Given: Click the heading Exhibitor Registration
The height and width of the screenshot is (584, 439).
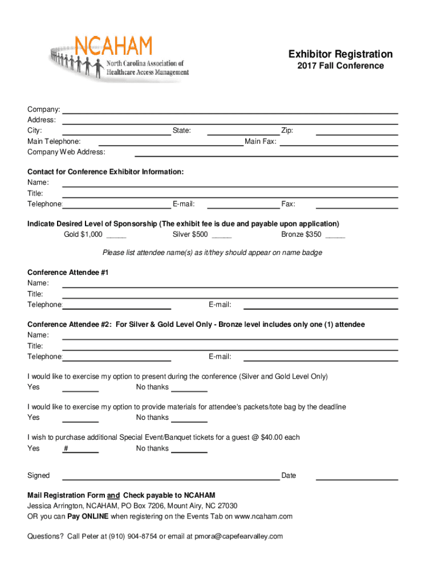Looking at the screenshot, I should (x=340, y=54).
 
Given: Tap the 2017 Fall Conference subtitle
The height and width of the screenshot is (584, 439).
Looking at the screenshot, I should (x=340, y=66).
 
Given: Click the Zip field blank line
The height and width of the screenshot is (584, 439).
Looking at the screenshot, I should (x=356, y=134).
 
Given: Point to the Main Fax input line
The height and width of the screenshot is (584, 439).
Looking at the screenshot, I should (x=338, y=145).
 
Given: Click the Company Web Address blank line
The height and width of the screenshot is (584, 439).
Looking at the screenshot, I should (x=266, y=155).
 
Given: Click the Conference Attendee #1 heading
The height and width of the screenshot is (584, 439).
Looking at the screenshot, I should (x=68, y=273).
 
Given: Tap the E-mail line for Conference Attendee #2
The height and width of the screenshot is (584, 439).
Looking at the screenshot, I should (x=320, y=360).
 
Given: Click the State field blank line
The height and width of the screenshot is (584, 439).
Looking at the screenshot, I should (x=243, y=134).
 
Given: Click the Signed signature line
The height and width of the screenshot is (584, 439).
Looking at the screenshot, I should (x=170, y=479).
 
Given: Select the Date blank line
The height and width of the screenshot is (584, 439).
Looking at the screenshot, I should (x=356, y=479).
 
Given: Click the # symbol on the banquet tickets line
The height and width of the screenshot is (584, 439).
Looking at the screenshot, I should (x=67, y=448).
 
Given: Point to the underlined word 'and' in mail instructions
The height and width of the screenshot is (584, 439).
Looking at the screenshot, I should (x=113, y=495).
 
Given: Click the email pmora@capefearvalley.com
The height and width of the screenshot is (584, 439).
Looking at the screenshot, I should (x=239, y=537).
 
